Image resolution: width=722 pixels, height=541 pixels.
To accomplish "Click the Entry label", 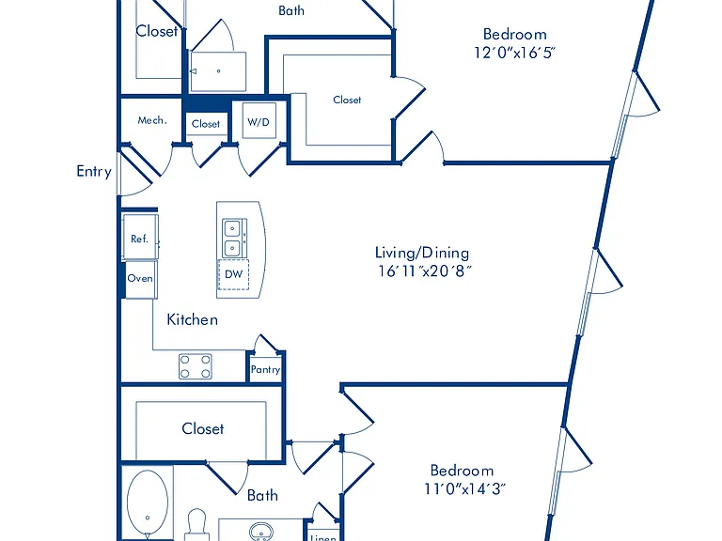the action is click(94, 172).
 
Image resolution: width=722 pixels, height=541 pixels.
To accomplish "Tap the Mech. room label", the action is click(152, 120).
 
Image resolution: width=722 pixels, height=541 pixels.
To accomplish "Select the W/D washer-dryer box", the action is click(259, 120).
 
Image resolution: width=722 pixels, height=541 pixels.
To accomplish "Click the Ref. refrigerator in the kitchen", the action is click(140, 238).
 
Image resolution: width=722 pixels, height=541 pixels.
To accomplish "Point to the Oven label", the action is click(140, 278).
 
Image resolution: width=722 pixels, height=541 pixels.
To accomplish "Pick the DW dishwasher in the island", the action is click(233, 274).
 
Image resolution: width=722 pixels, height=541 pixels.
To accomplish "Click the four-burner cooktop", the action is click(196, 366).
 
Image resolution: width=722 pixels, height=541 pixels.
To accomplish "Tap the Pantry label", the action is click(266, 369).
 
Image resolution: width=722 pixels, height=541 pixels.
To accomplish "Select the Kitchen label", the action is click(192, 319).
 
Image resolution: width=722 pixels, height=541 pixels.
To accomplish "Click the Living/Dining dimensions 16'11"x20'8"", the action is click(425, 270).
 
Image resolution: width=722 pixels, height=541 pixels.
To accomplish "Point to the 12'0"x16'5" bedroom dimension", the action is click(514, 53).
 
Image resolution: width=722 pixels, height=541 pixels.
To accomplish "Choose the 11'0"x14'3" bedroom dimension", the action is click(464, 488).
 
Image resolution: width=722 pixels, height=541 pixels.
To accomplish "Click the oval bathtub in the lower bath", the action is click(148, 504).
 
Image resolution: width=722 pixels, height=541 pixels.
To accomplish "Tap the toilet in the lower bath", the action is click(196, 525).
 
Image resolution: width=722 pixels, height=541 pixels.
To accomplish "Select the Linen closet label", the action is click(323, 537).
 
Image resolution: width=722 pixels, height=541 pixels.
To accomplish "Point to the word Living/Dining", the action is click(422, 253).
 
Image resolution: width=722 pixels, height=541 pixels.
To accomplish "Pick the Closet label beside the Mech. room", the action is click(206, 124).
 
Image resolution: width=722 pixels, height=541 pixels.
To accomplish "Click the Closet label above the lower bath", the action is click(203, 428).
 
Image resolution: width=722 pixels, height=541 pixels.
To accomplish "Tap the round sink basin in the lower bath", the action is click(261, 532).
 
